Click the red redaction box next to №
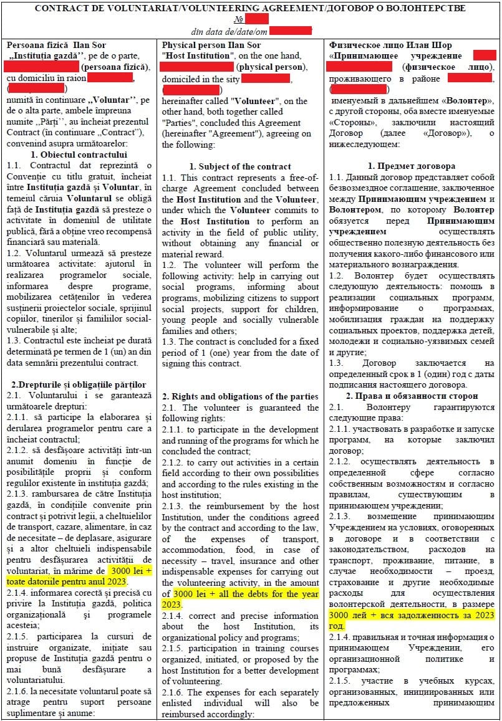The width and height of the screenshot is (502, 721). coord(256,19)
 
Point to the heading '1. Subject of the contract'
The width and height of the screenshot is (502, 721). coord(240,166)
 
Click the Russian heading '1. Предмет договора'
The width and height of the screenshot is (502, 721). coord(412,166)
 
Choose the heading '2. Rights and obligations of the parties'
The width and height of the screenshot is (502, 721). coord(240,396)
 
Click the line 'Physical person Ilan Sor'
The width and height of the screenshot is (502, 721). coord(211,45)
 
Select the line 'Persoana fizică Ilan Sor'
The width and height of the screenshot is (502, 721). coord(56,45)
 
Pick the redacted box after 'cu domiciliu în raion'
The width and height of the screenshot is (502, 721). coord(110,78)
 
